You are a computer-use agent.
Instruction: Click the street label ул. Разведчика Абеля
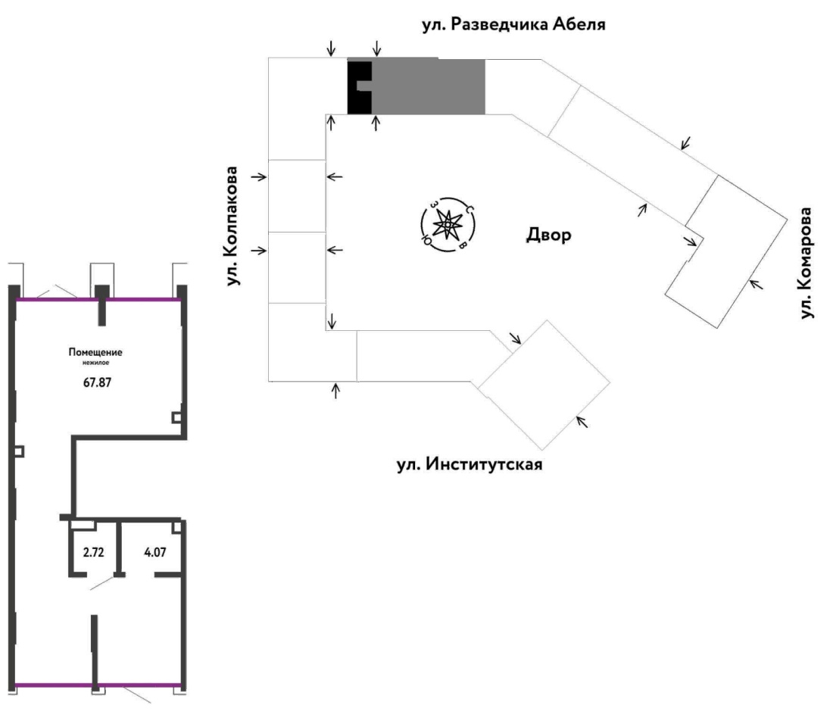pyautogui.click(x=513, y=25)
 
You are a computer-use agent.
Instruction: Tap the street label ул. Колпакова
pyautogui.click(x=232, y=226)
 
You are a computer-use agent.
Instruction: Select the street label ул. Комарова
pyautogui.click(x=806, y=263)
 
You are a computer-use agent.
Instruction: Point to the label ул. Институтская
pyautogui.click(x=470, y=464)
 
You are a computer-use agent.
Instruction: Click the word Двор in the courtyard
pyautogui.click(x=549, y=234)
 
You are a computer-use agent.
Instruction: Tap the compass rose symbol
pyautogui.click(x=448, y=225)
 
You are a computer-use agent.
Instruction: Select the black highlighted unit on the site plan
pyautogui.click(x=360, y=87)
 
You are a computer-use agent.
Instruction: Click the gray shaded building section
pyautogui.click(x=428, y=87)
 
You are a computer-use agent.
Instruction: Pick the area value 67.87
pyautogui.click(x=98, y=382)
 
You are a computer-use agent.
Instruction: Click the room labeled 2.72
pyautogui.click(x=94, y=552)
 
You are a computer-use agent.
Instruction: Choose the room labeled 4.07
pyautogui.click(x=155, y=552)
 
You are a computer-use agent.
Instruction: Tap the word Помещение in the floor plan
pyautogui.click(x=95, y=352)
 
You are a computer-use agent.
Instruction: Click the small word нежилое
pyautogui.click(x=96, y=363)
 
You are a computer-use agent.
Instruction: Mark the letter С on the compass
pyautogui.click(x=469, y=209)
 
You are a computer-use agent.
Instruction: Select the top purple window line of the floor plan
pyautogui.click(x=98, y=300)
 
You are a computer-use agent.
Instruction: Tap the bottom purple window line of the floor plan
pyautogui.click(x=98, y=685)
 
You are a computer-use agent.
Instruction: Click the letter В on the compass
pyautogui.click(x=462, y=245)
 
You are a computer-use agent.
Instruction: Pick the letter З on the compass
pyautogui.click(x=434, y=204)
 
